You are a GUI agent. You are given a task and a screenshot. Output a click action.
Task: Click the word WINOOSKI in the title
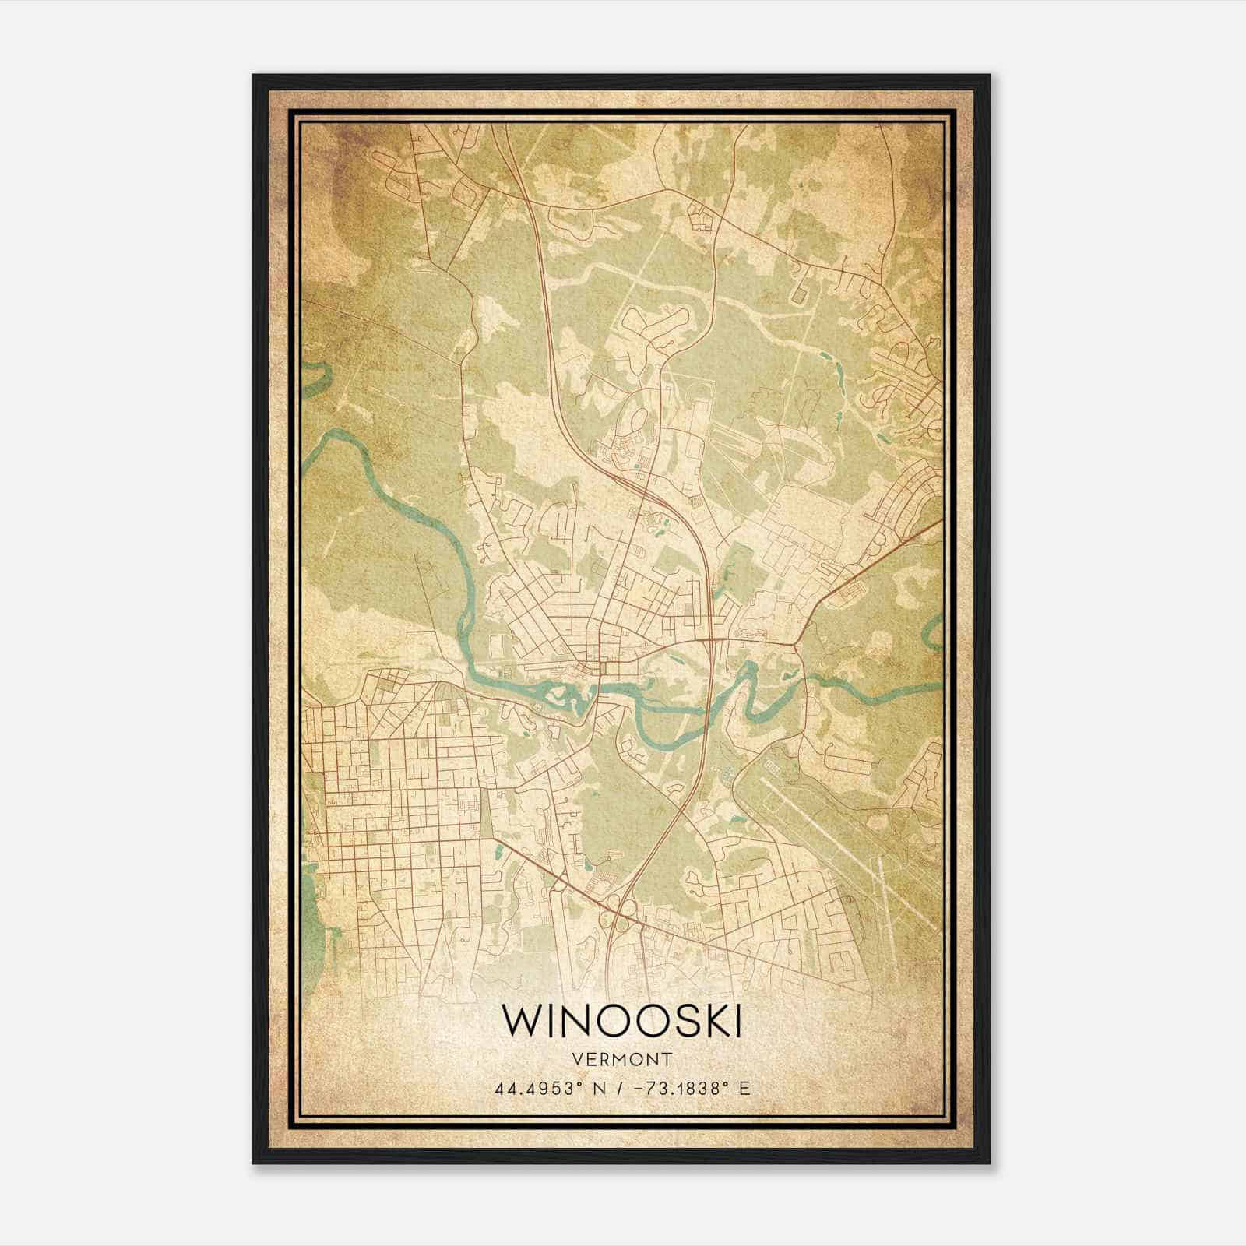click(x=621, y=1021)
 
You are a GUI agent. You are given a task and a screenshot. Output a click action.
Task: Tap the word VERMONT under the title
click(x=621, y=1060)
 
